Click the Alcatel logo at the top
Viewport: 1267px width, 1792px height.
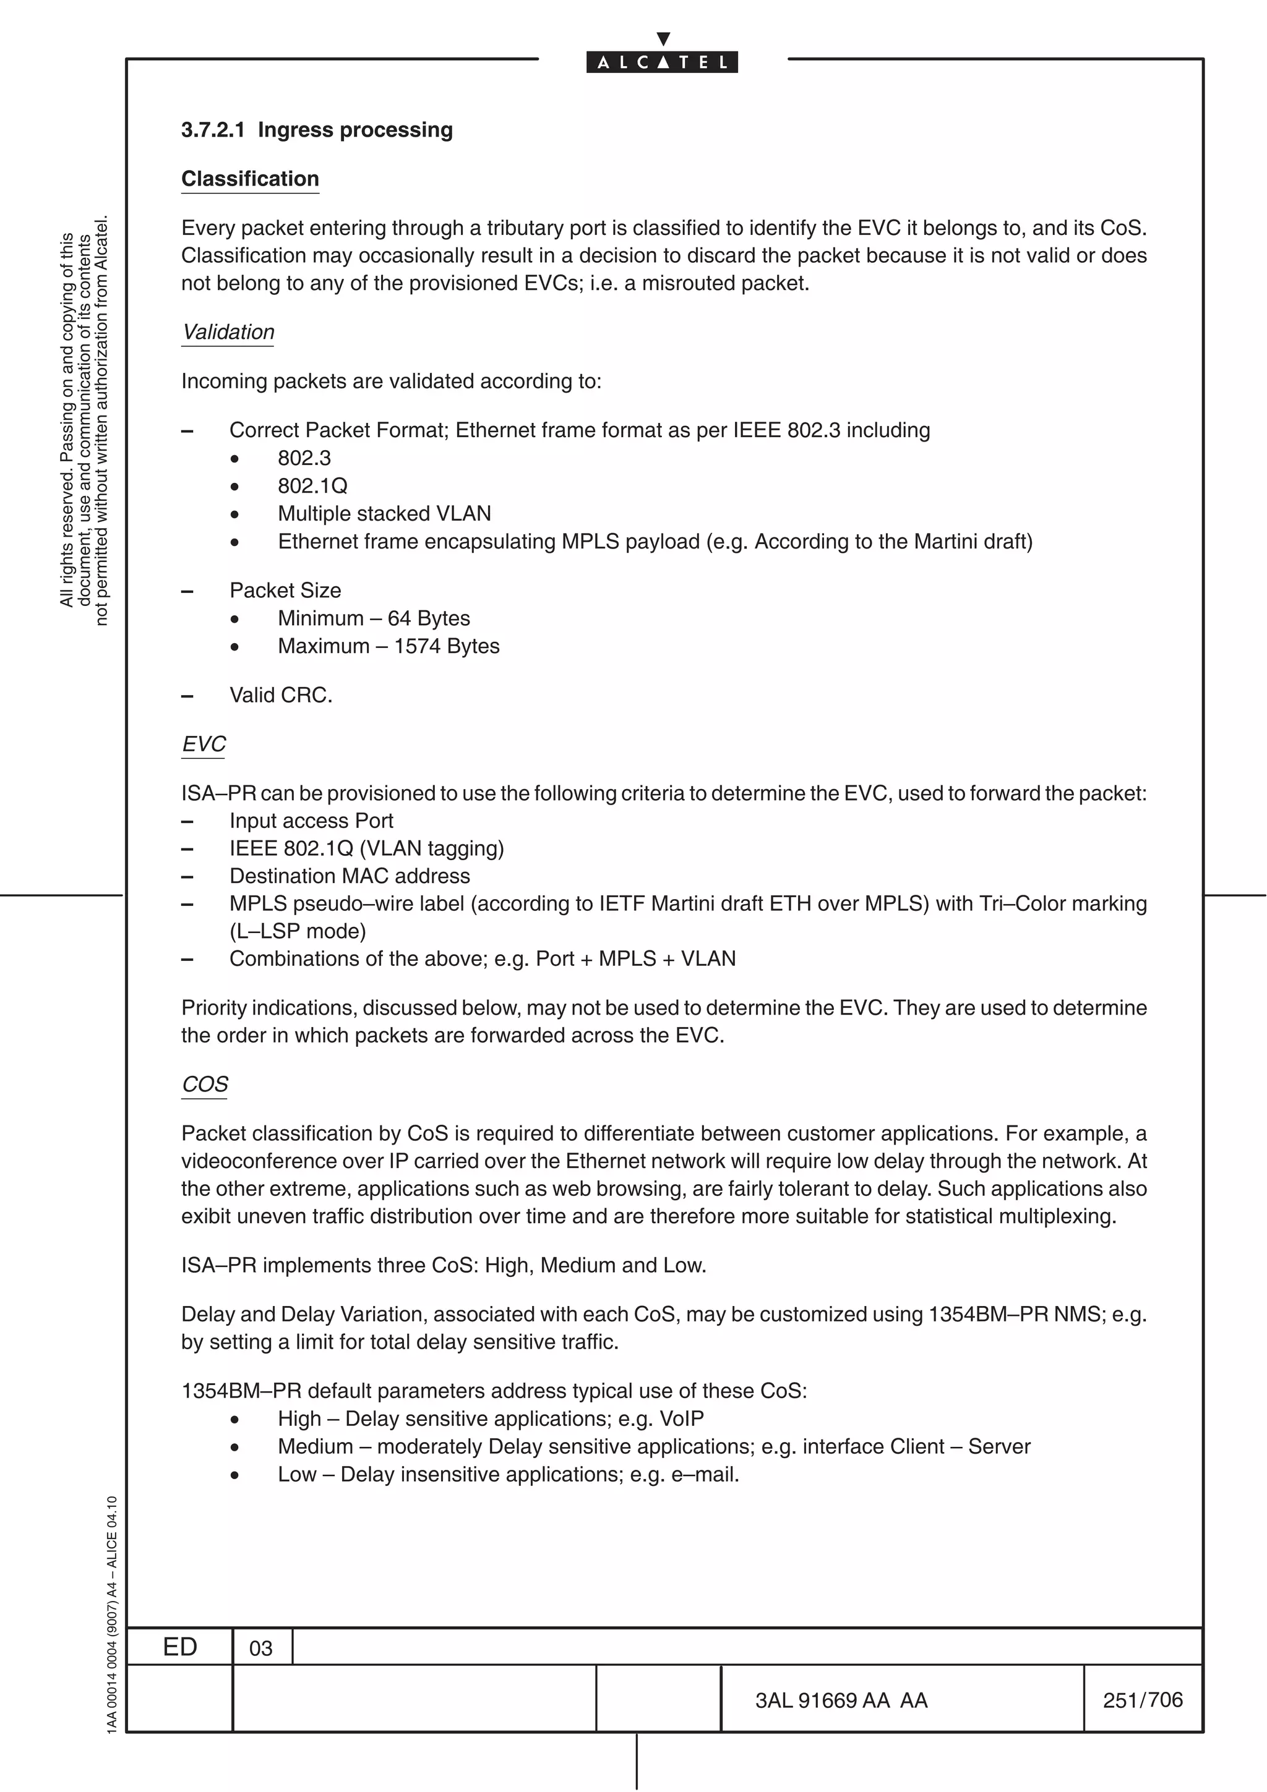pyautogui.click(x=662, y=62)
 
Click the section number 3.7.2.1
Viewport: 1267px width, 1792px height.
pyautogui.click(x=212, y=130)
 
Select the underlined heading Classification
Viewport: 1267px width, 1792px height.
pyautogui.click(x=250, y=179)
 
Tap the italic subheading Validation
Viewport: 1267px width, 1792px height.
pyautogui.click(x=228, y=331)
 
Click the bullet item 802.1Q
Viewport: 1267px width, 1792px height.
pyautogui.click(x=312, y=485)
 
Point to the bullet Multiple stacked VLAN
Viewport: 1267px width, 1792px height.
pyautogui.click(x=384, y=514)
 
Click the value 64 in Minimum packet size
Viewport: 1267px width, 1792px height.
pyautogui.click(x=399, y=618)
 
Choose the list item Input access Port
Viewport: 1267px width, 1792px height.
pyautogui.click(x=311, y=821)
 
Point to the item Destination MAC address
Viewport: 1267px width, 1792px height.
pyautogui.click(x=350, y=876)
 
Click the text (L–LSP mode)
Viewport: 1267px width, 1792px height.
pyautogui.click(x=298, y=931)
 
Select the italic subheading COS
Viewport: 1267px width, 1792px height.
pyautogui.click(x=205, y=1084)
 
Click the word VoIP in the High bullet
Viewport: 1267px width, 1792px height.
pyautogui.click(x=682, y=1419)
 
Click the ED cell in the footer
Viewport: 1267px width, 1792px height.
pyautogui.click(x=179, y=1647)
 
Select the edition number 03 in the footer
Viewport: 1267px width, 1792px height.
pyautogui.click(x=260, y=1649)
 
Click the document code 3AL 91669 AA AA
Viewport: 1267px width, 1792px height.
pyautogui.click(x=841, y=1700)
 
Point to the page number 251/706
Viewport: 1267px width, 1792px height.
pyautogui.click(x=1142, y=1700)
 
